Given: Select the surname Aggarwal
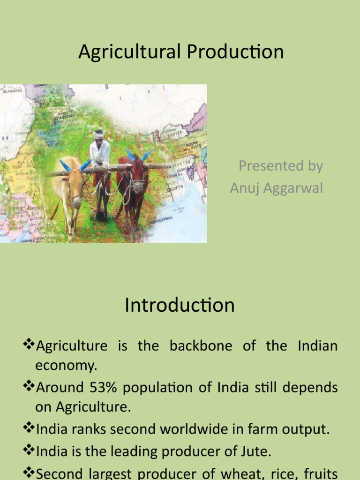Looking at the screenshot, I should [x=292, y=188].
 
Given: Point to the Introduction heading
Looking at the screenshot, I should [x=180, y=306].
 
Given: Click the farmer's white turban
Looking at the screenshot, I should [x=98, y=134].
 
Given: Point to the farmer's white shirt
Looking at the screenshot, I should [x=100, y=152].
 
